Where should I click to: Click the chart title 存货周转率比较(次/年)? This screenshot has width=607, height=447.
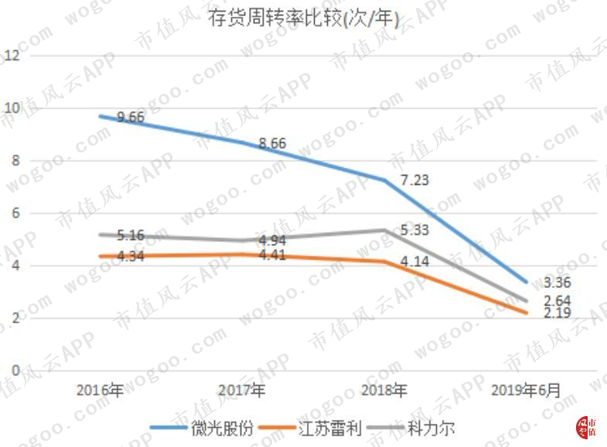pyautogui.click(x=303, y=19)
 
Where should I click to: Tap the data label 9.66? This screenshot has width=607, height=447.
pyautogui.click(x=131, y=117)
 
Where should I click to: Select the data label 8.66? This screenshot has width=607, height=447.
pyautogui.click(x=272, y=143)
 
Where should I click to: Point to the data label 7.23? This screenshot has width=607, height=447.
pyautogui.click(x=414, y=180)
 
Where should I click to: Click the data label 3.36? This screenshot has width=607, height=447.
pyautogui.click(x=558, y=282)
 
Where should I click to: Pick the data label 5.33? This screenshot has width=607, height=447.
pyautogui.click(x=414, y=230)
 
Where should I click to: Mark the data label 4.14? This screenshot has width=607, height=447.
pyautogui.click(x=414, y=261)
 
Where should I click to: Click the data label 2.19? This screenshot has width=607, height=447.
pyautogui.click(x=558, y=312)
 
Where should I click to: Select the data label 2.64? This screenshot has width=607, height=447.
pyautogui.click(x=558, y=300)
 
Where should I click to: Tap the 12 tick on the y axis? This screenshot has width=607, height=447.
pyautogui.click(x=12, y=56)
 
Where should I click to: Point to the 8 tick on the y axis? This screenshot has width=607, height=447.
pyautogui.click(x=15, y=160)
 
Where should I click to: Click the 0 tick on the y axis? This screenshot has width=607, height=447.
pyautogui.click(x=15, y=370)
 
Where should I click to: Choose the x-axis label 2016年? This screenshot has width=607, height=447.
pyautogui.click(x=100, y=390)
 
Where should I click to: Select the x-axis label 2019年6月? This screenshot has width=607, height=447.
pyautogui.click(x=526, y=390)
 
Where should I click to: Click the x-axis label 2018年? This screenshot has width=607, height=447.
pyautogui.click(x=384, y=390)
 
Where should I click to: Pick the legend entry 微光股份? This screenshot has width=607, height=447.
pyautogui.click(x=201, y=428)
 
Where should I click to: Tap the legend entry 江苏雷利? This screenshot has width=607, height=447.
pyautogui.click(x=310, y=428)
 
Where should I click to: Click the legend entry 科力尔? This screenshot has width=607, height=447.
pyautogui.click(x=411, y=428)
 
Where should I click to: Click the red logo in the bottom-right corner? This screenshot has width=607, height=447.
pyautogui.click(x=586, y=428)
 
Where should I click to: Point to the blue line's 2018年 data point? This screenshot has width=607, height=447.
pyautogui.click(x=384, y=180)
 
